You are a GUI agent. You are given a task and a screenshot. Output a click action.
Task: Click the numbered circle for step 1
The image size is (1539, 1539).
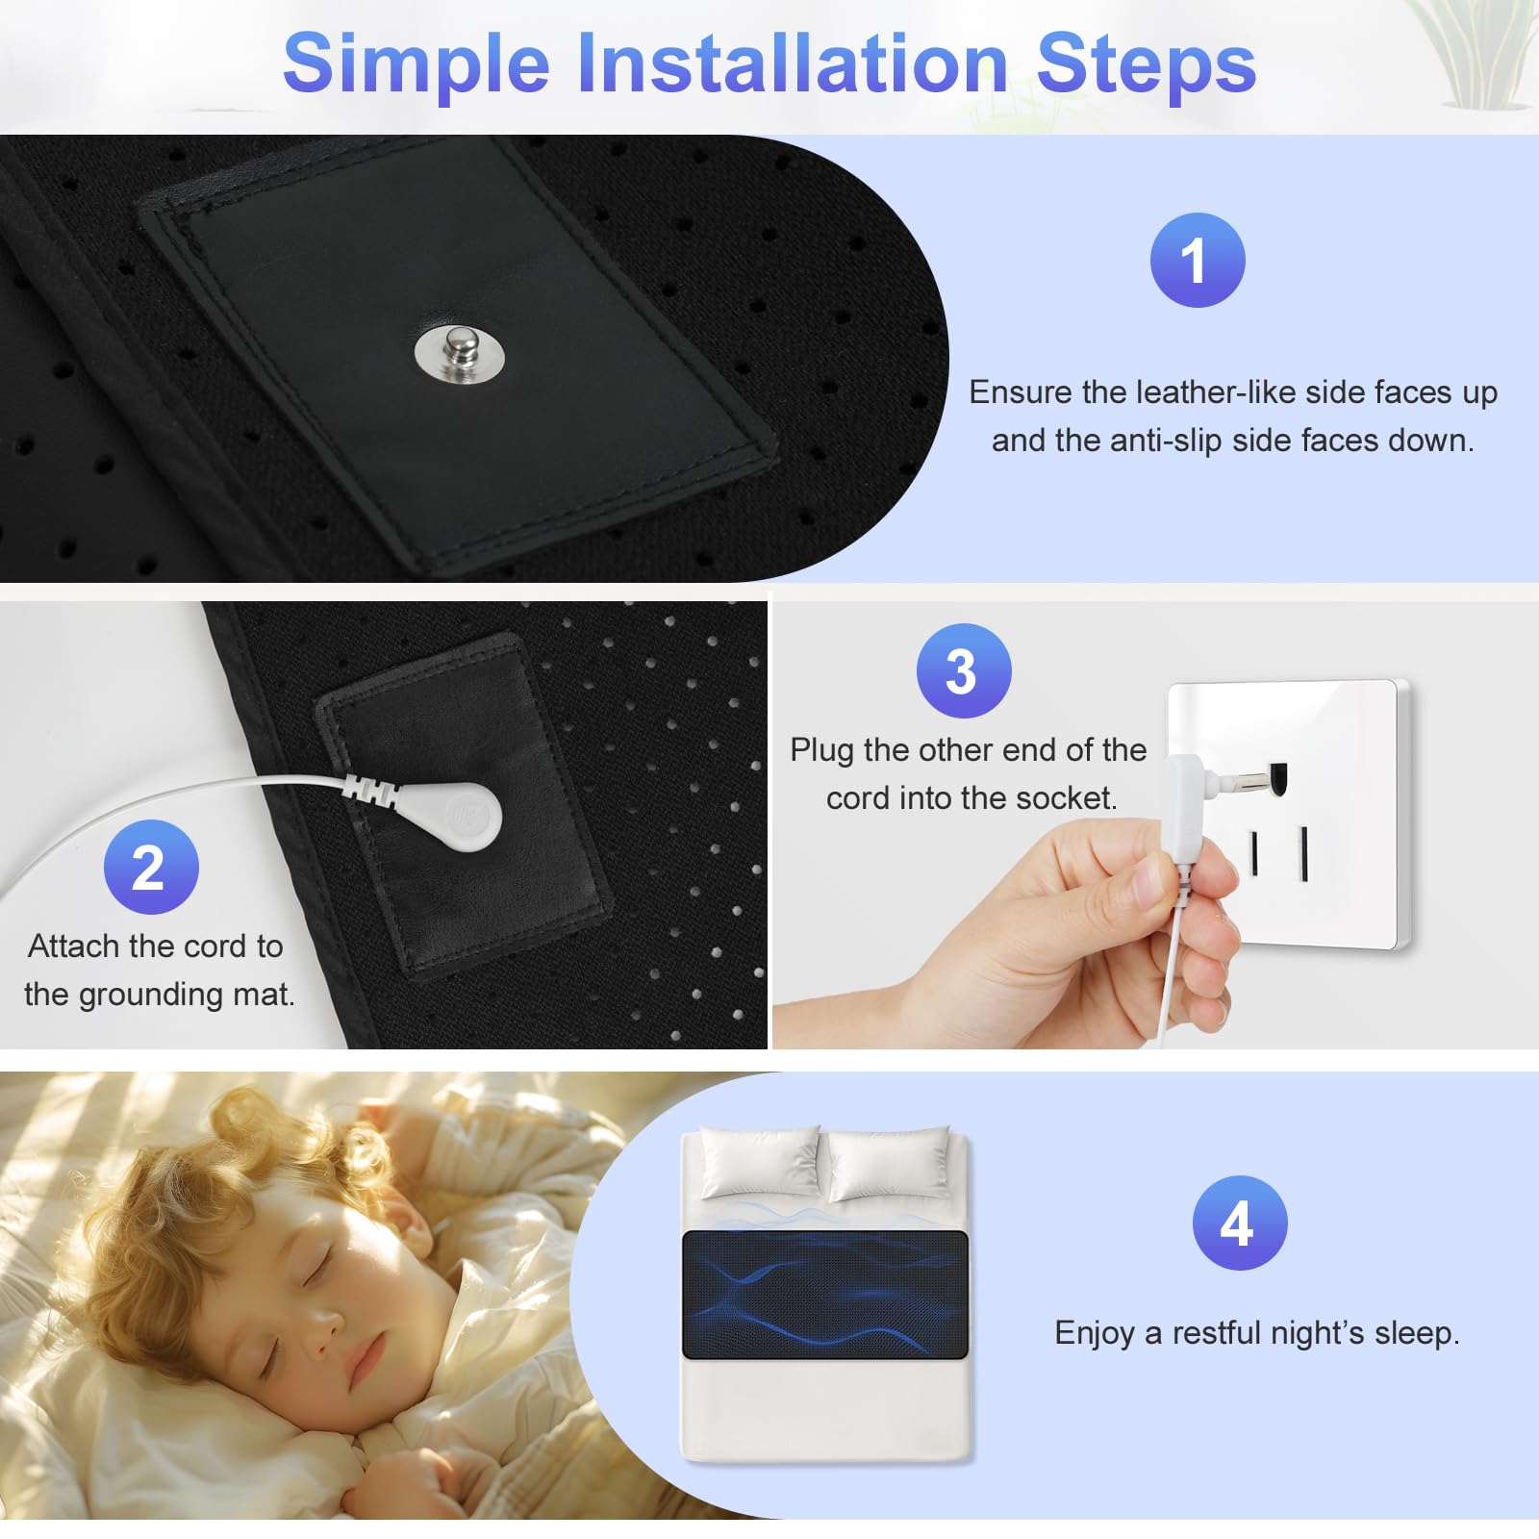pos(1198,260)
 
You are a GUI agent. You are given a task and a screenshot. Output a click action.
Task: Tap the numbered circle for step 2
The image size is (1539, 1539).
pos(151,867)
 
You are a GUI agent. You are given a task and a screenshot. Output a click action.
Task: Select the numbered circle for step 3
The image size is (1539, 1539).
pos(964,670)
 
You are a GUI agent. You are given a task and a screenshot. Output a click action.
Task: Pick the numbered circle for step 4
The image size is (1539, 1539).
pos(1240,1223)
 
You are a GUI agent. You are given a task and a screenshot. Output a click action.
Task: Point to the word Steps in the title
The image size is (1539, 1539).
pos(1147,64)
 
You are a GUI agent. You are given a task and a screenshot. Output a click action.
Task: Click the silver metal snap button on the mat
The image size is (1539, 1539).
pos(460,352)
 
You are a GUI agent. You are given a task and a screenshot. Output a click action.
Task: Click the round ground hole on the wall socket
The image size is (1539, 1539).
pos(1278,775)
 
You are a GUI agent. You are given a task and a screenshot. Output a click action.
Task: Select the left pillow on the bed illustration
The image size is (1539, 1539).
pos(761,1163)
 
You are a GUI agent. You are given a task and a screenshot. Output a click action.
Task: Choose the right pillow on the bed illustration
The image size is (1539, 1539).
pos(890,1164)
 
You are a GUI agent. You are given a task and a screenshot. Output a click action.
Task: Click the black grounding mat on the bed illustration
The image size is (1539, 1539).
pos(825,1295)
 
